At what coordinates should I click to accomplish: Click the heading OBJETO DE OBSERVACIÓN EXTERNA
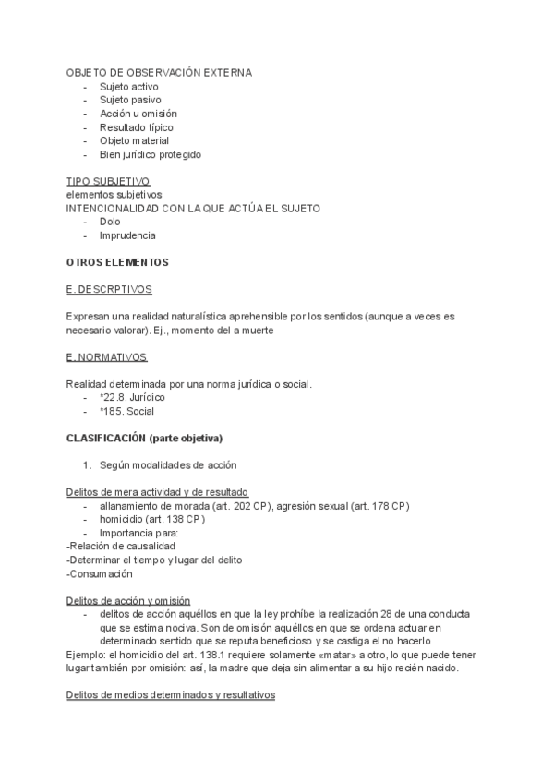click(x=159, y=72)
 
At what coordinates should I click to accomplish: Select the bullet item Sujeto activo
click(x=129, y=86)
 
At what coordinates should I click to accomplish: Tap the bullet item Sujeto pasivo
click(x=130, y=100)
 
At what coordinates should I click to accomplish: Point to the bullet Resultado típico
click(x=137, y=127)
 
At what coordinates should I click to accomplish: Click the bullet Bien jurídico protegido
click(x=151, y=155)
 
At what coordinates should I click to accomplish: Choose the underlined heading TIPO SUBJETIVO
click(x=108, y=182)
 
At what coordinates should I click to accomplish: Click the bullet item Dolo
click(x=110, y=223)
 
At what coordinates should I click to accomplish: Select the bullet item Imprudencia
click(x=127, y=236)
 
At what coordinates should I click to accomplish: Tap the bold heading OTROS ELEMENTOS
click(x=117, y=263)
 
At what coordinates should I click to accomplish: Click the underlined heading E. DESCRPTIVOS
click(x=110, y=290)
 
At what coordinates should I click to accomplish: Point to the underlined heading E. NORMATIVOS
click(x=107, y=356)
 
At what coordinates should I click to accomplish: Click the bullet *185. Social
click(x=127, y=411)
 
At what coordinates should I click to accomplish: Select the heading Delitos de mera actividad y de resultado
click(x=157, y=492)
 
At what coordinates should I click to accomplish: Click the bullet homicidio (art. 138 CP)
click(x=152, y=519)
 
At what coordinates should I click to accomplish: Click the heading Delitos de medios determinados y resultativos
click(x=171, y=695)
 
